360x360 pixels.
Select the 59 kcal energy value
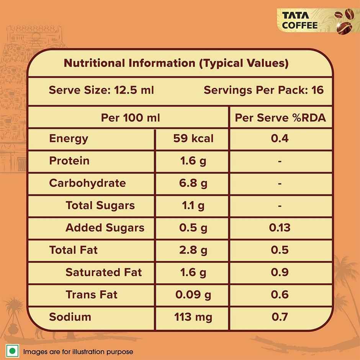(x=193, y=138)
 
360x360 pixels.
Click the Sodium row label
(x=70, y=317)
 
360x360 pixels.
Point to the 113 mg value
(x=193, y=317)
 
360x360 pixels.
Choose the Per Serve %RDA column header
(x=280, y=118)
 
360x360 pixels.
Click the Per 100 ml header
(x=130, y=118)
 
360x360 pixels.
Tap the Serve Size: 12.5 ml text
(x=101, y=90)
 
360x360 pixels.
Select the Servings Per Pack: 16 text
(x=263, y=90)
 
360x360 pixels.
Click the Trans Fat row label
(x=92, y=295)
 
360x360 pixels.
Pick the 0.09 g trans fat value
(x=193, y=295)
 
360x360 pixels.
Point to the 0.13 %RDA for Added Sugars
(x=280, y=227)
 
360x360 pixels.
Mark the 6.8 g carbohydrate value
(x=193, y=183)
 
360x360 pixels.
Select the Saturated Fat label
(x=103, y=272)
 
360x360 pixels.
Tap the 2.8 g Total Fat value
(x=193, y=250)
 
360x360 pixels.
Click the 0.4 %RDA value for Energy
(x=280, y=138)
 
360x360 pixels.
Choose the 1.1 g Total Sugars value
(x=193, y=205)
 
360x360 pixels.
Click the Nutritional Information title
(x=176, y=63)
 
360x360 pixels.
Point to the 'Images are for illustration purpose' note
(x=78, y=352)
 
